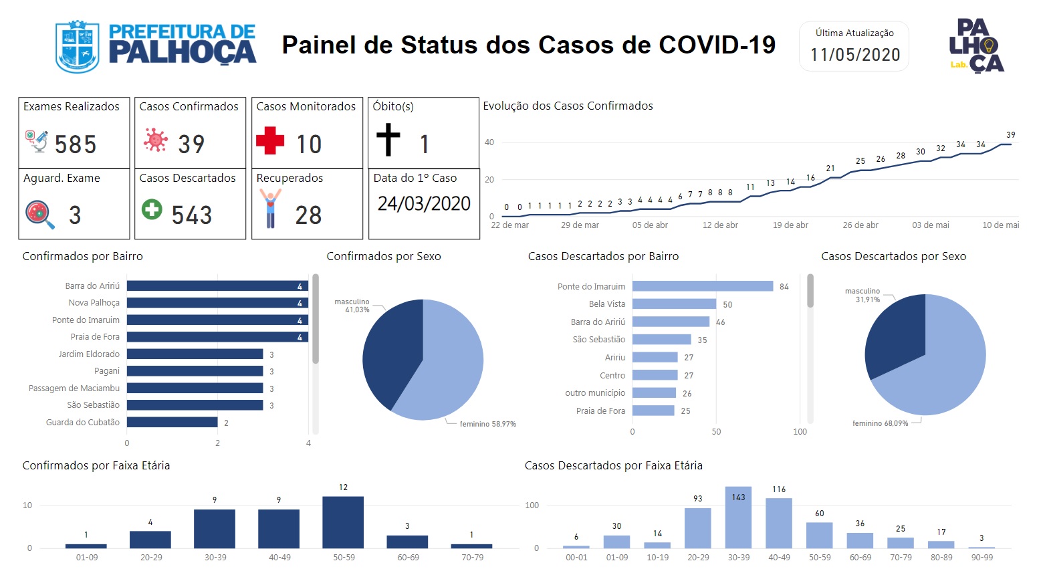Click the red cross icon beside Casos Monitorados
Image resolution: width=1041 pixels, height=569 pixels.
click(270, 140)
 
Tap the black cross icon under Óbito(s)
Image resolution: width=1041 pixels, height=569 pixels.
click(388, 140)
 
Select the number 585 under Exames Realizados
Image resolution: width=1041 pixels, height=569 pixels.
click(76, 144)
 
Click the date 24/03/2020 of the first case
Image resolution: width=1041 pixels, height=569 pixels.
click(424, 204)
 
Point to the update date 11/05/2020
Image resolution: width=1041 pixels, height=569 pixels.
click(855, 55)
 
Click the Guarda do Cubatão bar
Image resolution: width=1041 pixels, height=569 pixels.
click(172, 422)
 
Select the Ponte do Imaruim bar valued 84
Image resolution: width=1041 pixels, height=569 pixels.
click(703, 286)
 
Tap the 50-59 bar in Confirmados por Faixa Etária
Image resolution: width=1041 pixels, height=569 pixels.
click(343, 522)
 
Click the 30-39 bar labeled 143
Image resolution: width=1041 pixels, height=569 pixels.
click(738, 518)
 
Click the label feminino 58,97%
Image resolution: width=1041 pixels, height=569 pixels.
click(488, 424)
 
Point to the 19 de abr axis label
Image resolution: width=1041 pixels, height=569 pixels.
click(790, 225)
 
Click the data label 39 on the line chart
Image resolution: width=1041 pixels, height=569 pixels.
click(1011, 135)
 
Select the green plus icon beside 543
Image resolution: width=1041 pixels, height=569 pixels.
click(152, 209)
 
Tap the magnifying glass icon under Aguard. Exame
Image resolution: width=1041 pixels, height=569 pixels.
click(40, 215)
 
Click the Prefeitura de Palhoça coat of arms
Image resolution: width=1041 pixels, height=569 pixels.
click(77, 47)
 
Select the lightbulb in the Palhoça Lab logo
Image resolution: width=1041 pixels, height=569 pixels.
click(988, 46)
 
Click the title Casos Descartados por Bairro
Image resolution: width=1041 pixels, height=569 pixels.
click(603, 256)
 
